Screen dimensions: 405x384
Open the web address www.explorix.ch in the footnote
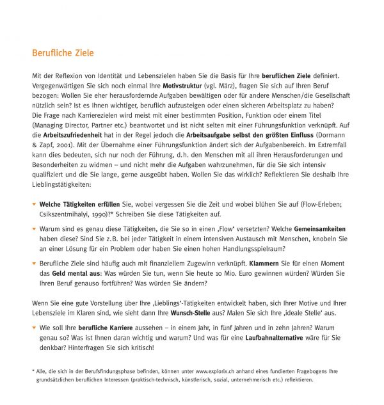(x=223, y=370)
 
